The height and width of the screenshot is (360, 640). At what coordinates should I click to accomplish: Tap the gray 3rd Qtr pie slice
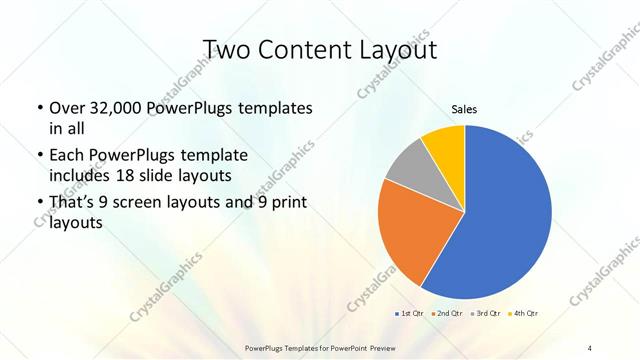click(x=408, y=167)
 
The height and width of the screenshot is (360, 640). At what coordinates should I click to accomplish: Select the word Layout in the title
click(x=395, y=50)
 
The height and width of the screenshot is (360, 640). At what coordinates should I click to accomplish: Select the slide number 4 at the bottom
click(x=589, y=347)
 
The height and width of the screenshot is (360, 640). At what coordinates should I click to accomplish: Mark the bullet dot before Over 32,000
click(x=39, y=108)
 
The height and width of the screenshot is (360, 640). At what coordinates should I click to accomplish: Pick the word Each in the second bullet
click(x=66, y=156)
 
